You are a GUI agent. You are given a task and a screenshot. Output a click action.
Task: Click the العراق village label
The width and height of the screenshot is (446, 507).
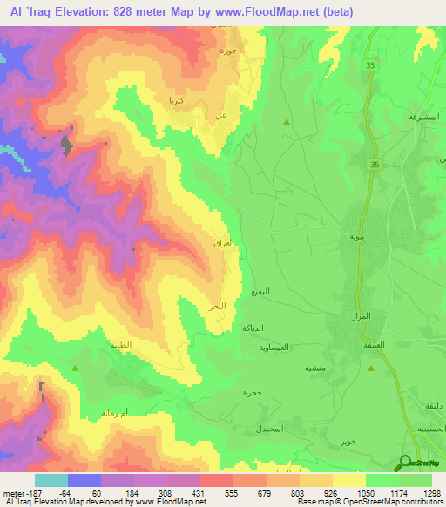click(x=224, y=244)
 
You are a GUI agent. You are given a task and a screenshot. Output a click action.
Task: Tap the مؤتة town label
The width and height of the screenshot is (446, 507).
click(x=355, y=237)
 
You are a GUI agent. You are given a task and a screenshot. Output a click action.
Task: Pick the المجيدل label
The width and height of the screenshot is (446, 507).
click(x=269, y=430)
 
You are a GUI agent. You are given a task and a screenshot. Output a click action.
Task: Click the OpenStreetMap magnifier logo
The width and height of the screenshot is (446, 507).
click(x=403, y=463)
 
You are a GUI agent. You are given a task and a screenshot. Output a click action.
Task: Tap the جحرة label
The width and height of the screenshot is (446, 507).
click(x=252, y=393)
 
